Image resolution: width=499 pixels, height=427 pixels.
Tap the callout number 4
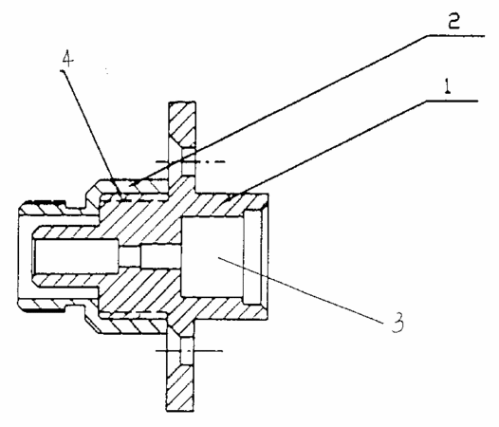(x=67, y=59)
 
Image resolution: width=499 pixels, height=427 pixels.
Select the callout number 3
(x=397, y=323)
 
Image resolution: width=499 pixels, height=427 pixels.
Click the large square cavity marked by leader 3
(x=212, y=256)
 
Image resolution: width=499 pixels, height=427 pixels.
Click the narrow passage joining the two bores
(x=150, y=256)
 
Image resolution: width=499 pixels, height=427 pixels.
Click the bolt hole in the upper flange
(x=188, y=162)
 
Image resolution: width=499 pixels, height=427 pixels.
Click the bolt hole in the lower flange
(x=187, y=351)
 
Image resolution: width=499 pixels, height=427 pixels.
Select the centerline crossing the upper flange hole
(x=191, y=161)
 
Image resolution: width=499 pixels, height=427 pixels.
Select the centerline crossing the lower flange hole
(x=189, y=351)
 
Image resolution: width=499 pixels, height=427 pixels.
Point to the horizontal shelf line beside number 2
(x=455, y=35)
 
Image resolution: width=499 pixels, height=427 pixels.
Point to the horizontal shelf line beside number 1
(x=453, y=101)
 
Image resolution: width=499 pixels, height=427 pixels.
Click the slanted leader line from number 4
(x=93, y=135)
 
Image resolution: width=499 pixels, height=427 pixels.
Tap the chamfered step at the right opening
(x=255, y=256)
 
